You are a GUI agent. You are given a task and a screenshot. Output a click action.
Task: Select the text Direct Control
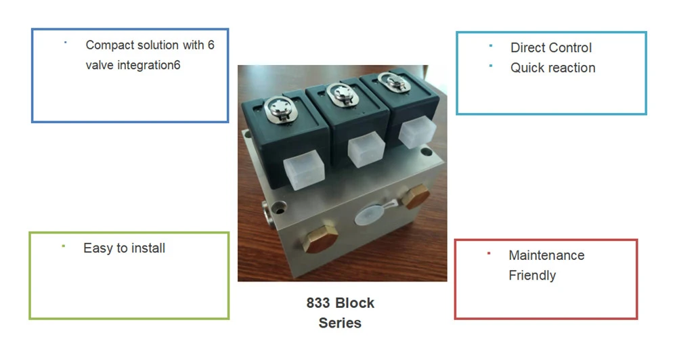click(551, 47)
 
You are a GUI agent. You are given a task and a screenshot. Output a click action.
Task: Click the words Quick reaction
click(552, 68)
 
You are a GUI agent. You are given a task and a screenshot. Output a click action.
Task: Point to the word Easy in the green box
click(98, 248)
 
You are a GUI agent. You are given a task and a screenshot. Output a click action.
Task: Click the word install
click(148, 248)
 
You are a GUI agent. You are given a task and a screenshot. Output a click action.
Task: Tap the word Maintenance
click(546, 255)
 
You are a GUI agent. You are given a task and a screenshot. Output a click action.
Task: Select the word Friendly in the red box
click(532, 275)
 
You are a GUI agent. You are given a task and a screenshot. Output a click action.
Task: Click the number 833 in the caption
click(318, 303)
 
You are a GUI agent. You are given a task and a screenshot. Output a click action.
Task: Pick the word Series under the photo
click(340, 323)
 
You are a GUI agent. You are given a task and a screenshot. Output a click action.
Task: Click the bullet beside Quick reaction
click(490, 66)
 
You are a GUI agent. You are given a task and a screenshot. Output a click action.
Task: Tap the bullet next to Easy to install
click(64, 246)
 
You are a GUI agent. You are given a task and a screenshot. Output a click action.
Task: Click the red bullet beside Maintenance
click(489, 253)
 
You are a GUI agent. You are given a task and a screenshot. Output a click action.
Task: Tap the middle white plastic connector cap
click(366, 149)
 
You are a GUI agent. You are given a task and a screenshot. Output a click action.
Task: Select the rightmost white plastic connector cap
click(416, 132)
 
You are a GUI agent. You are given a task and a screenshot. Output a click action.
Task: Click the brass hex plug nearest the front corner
click(320, 239)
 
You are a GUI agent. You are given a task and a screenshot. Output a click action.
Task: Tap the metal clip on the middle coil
click(343, 94)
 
